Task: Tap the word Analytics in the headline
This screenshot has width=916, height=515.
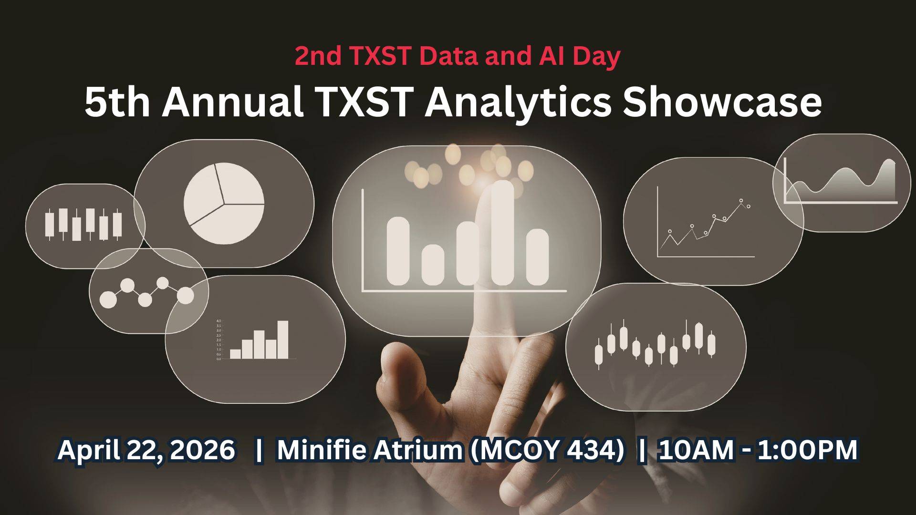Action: tap(518, 103)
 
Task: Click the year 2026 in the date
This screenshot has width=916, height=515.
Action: tap(202, 450)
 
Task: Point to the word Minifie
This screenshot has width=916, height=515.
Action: tap(322, 450)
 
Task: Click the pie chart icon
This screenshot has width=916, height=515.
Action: tap(224, 203)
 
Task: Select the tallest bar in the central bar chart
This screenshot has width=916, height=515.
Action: tap(502, 233)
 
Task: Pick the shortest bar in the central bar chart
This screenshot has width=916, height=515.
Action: tap(433, 265)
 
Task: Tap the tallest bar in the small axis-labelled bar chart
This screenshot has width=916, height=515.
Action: tap(283, 339)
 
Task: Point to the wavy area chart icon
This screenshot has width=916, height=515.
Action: tap(841, 184)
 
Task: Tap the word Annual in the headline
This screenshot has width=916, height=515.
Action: tap(233, 103)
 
